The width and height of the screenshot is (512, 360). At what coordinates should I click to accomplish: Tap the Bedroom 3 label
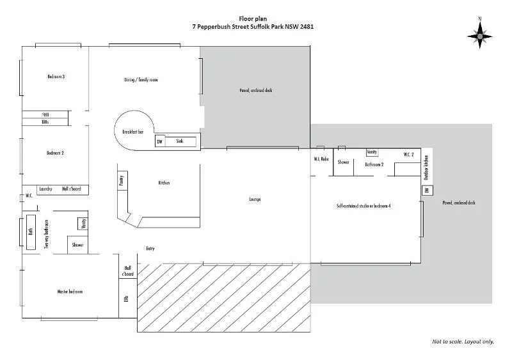pyautogui.click(x=56, y=77)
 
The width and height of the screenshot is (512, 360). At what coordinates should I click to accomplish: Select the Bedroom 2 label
pyautogui.click(x=55, y=153)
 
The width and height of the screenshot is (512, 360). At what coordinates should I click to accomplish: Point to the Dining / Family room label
pyautogui.click(x=141, y=80)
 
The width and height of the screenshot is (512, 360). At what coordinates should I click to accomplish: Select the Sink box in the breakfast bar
pyautogui.click(x=180, y=141)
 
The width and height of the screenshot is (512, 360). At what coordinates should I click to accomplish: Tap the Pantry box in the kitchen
pyautogui.click(x=121, y=181)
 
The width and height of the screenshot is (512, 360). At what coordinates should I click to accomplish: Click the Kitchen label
pyautogui.click(x=164, y=184)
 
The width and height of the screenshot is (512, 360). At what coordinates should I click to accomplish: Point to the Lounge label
pyautogui.click(x=255, y=200)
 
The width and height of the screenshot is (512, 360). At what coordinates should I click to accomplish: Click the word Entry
pyautogui.click(x=150, y=248)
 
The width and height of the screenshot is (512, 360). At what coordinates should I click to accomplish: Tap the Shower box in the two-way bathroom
pyautogui.click(x=77, y=245)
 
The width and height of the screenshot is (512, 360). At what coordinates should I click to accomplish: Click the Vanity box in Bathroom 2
pyautogui.click(x=372, y=152)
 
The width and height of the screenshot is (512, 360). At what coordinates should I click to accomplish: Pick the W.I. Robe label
pyautogui.click(x=321, y=158)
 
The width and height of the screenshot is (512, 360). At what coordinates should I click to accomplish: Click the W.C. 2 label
pyautogui.click(x=409, y=155)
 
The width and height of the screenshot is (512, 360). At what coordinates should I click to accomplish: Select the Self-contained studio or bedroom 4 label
pyautogui.click(x=364, y=206)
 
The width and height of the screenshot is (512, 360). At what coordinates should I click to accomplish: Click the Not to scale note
pyautogui.click(x=463, y=341)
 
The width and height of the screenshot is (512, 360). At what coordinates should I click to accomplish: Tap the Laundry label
pyautogui.click(x=45, y=189)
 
